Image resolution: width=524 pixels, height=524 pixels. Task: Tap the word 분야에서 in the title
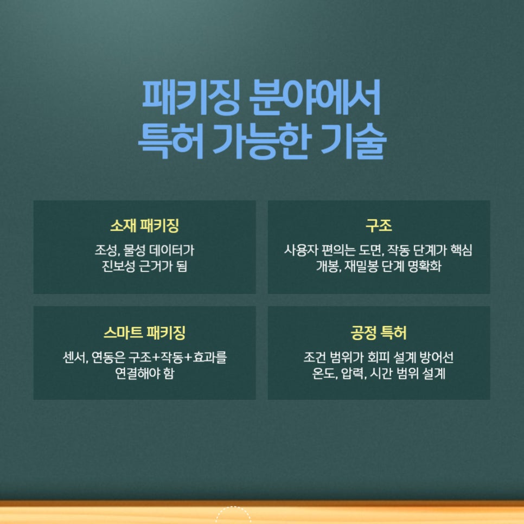314,98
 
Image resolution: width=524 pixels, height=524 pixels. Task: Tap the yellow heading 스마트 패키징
144,332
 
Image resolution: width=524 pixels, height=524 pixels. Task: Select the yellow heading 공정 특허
379,332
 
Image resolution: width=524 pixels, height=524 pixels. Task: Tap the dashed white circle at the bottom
233,515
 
